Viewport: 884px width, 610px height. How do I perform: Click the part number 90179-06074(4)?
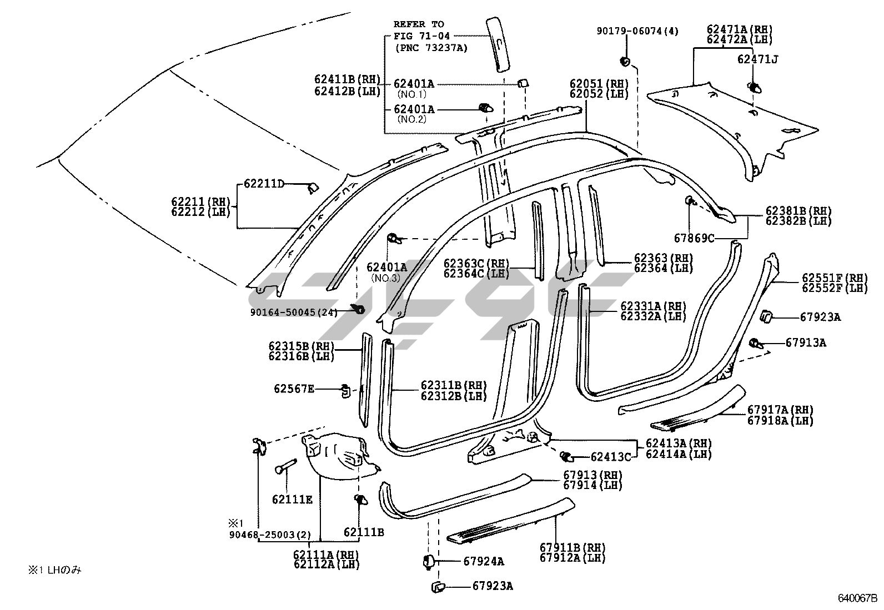(x=637, y=32)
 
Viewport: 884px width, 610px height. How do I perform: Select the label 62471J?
(x=757, y=59)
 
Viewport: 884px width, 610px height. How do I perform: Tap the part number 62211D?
(x=264, y=183)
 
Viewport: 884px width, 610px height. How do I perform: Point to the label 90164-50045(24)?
(x=294, y=312)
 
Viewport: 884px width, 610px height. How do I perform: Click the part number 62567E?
(x=294, y=389)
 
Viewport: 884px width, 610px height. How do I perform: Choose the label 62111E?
(x=292, y=500)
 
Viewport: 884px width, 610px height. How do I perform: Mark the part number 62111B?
(x=364, y=532)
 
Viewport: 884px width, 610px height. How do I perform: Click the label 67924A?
(x=484, y=561)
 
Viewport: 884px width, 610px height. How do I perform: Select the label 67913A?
(x=806, y=343)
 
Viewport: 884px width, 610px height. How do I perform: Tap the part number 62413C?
(x=611, y=457)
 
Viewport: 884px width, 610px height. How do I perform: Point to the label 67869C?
(x=694, y=238)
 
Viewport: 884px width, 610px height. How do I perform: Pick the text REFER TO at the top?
(x=419, y=24)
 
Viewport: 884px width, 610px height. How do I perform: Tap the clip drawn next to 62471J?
(x=754, y=87)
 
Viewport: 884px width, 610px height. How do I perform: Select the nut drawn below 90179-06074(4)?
(x=624, y=61)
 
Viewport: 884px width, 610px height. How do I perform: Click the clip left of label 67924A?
(x=428, y=561)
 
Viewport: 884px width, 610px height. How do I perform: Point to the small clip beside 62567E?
(x=344, y=390)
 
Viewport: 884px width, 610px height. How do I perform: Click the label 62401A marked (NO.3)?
(x=386, y=268)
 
